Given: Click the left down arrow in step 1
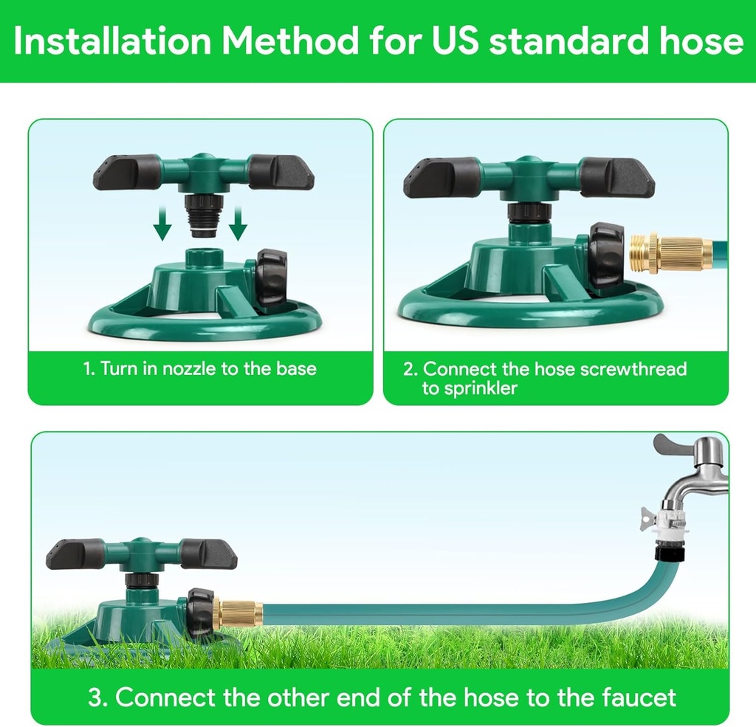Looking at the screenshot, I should (x=163, y=225).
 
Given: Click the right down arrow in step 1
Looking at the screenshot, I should (x=237, y=225).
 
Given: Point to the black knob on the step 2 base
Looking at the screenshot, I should (x=606, y=255).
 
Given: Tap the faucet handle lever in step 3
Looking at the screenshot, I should (x=673, y=445).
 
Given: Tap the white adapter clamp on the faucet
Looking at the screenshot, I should (x=673, y=520).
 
